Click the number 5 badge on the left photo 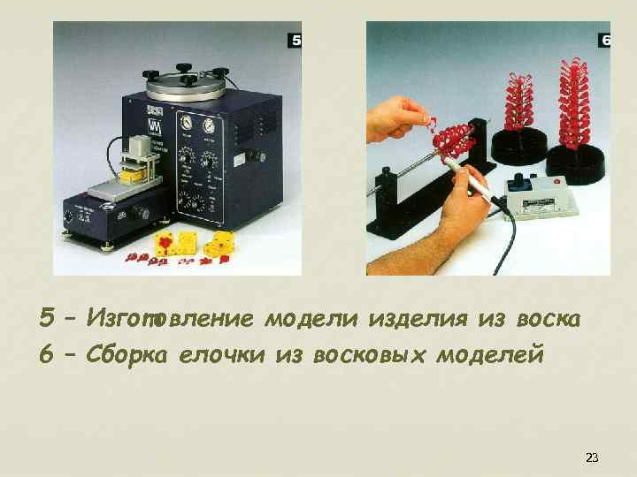click(295, 41)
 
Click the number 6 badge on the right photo click(605, 41)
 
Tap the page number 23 click(592, 458)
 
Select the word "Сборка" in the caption click(135, 355)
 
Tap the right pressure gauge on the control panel click(210, 125)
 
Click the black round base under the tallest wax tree click(576, 163)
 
